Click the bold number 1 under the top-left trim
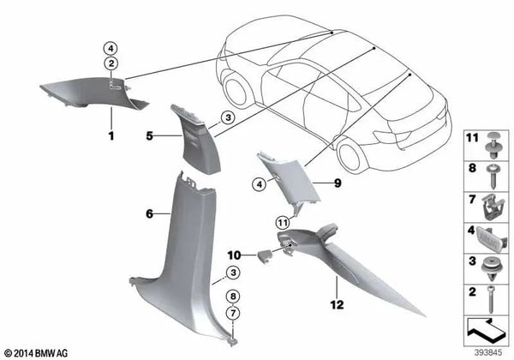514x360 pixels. click(110, 135)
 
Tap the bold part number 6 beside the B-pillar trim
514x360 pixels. click(148, 213)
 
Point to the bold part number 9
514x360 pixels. click(337, 182)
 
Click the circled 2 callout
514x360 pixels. click(111, 63)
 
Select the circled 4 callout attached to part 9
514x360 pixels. click(258, 182)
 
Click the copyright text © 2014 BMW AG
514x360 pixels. click(35, 352)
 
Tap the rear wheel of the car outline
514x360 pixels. click(351, 154)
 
